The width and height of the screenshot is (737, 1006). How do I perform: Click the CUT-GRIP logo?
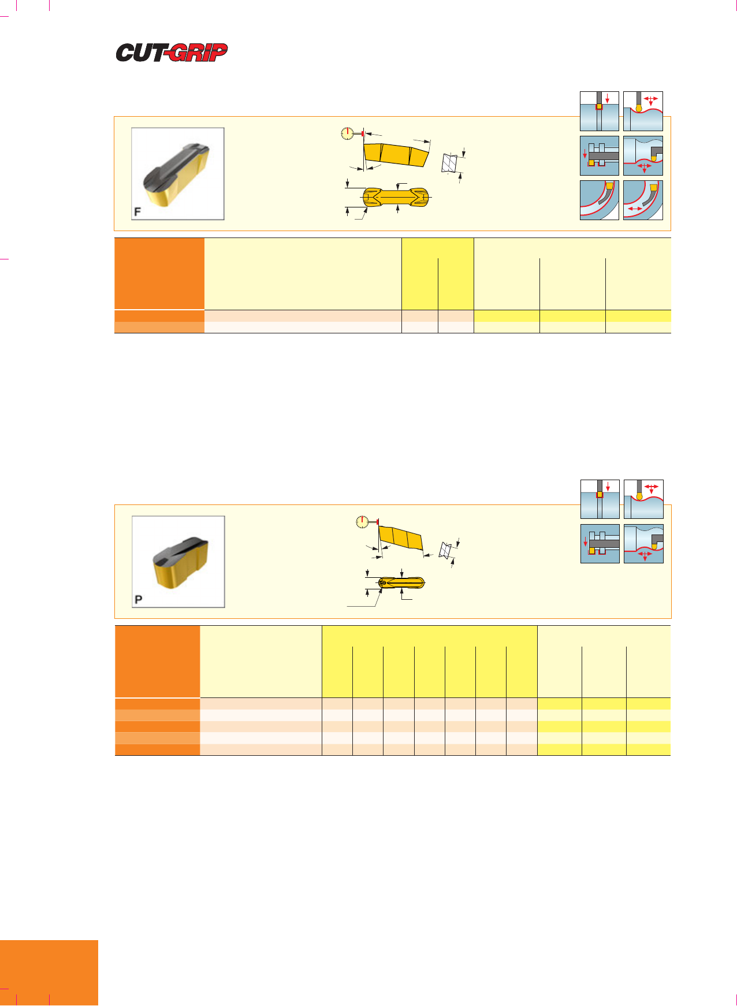coord(172,53)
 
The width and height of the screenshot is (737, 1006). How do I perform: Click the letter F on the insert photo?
coord(137,212)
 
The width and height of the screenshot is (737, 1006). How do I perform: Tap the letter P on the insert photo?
coord(138,600)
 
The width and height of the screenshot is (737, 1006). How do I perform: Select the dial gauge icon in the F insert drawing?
coord(347,133)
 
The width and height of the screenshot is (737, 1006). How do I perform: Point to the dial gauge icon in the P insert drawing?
coord(362,522)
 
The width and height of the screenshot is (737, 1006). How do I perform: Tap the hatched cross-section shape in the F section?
coord(449,163)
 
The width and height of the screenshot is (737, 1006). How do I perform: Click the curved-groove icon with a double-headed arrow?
coord(643,200)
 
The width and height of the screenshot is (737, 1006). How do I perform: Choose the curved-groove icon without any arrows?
coord(600,200)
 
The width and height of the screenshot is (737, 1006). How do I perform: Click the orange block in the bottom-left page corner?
coord(49,973)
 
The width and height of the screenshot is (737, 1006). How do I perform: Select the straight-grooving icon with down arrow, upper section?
coord(600,111)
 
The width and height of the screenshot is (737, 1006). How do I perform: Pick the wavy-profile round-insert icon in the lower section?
coord(644,499)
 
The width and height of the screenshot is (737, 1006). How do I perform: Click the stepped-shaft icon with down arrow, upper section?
coord(600,155)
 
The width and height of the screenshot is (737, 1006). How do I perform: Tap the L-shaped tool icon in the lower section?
coord(644,544)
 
